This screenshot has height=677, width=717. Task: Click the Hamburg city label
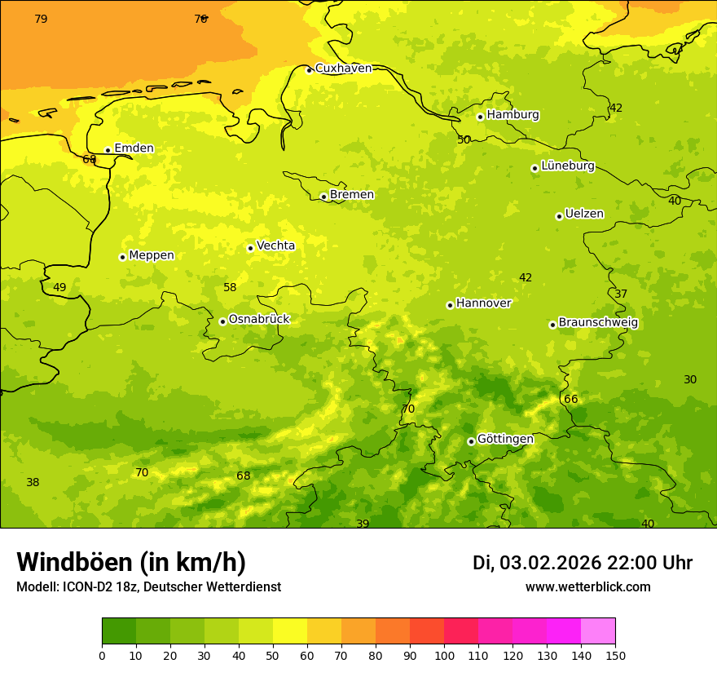512,115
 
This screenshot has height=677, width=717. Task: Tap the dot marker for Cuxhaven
309,70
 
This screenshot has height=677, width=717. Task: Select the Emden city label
134,148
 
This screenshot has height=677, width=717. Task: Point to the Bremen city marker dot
323,197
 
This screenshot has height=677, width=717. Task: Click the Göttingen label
505,439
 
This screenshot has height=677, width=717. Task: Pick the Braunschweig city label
598,323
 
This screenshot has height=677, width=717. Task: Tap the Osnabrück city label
259,320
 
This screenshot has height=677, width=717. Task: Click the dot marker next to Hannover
450,305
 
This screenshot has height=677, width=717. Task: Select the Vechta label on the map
275,246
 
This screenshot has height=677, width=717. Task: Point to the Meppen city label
152,255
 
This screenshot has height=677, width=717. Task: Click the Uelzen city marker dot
559,216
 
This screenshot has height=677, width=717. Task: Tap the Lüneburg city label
567,166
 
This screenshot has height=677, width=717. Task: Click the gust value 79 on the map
41,19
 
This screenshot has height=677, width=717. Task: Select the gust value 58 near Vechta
230,287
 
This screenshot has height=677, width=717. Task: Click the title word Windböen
74,562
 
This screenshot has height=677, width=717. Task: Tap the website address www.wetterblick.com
587,587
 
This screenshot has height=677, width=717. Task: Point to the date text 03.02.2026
550,563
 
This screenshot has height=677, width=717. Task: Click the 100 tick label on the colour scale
444,655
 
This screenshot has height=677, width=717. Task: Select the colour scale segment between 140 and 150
597,631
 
